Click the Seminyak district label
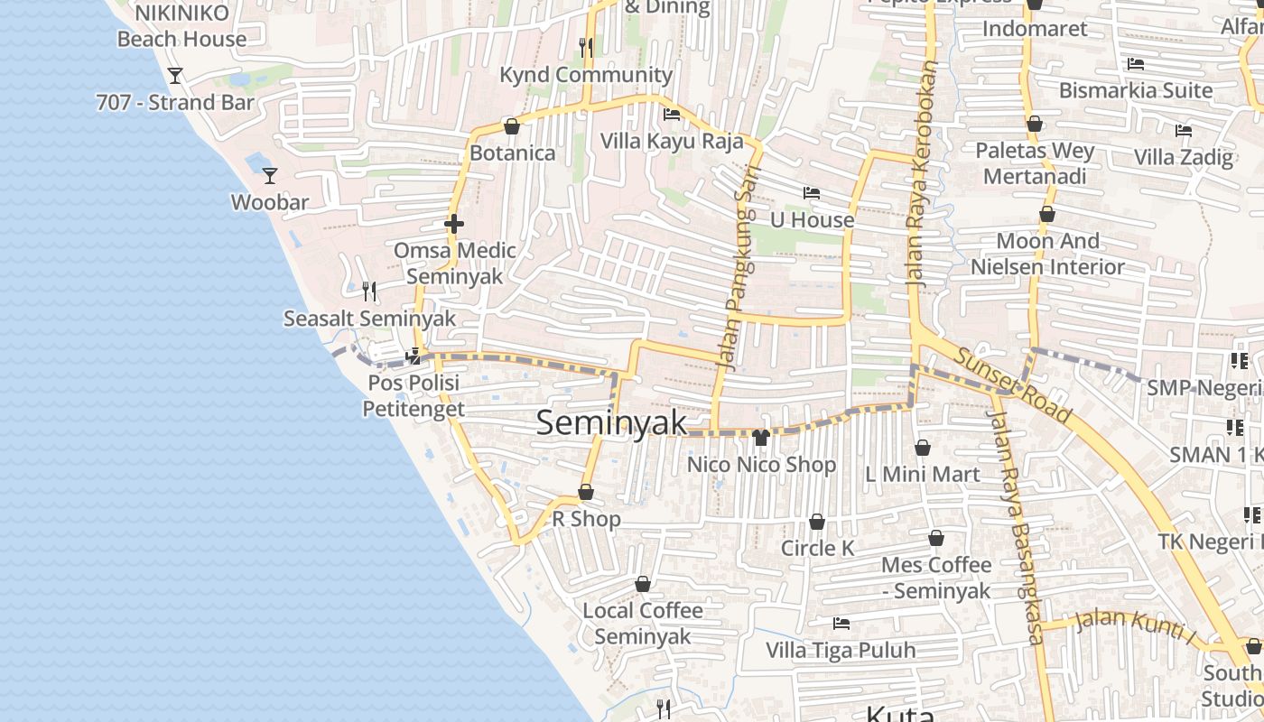coord(611,422)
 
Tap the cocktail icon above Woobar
coord(269,175)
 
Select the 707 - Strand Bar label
coord(175,102)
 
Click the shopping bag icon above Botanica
coord(512,126)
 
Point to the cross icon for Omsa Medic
coord(454,224)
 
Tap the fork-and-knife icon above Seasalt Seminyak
coord(368,291)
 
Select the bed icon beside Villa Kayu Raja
coord(672,115)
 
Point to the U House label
coord(812,219)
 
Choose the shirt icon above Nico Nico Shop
coord(761,438)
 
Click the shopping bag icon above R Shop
coord(586,492)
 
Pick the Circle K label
coord(817,548)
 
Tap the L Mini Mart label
coord(922,474)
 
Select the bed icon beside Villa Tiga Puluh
coord(841,624)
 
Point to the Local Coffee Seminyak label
coord(643,623)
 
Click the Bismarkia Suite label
coord(1135,90)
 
